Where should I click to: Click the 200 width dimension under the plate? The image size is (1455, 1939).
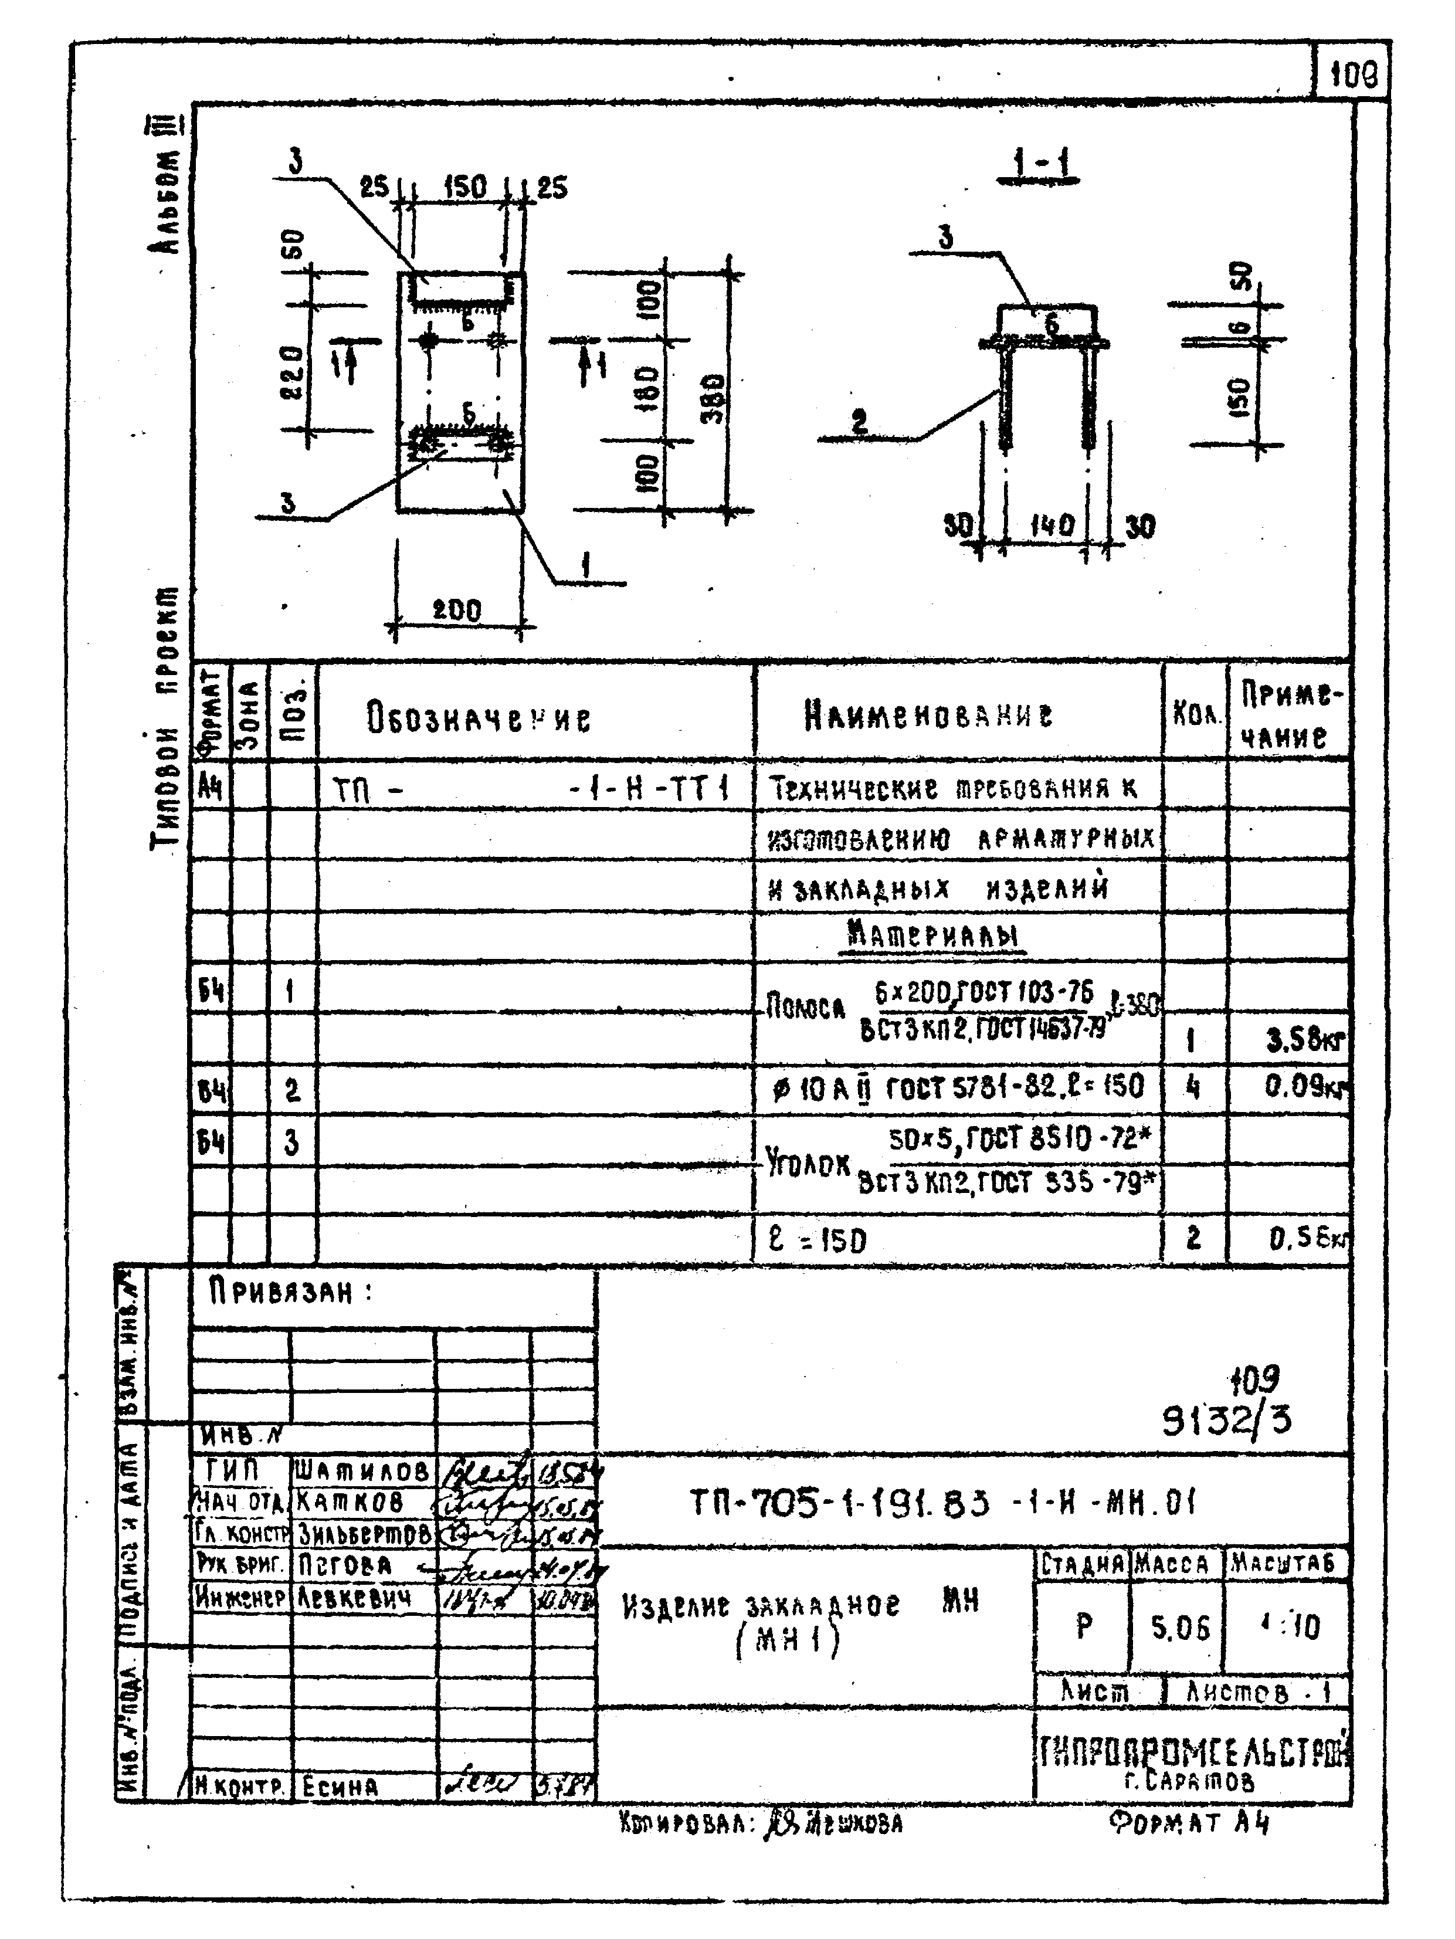(x=457, y=610)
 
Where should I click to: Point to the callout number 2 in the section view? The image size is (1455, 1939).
(x=859, y=422)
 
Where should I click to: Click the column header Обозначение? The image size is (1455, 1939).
(x=479, y=719)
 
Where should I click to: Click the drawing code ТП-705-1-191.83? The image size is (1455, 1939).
(x=942, y=1503)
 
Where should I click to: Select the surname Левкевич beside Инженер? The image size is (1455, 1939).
(x=353, y=1597)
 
